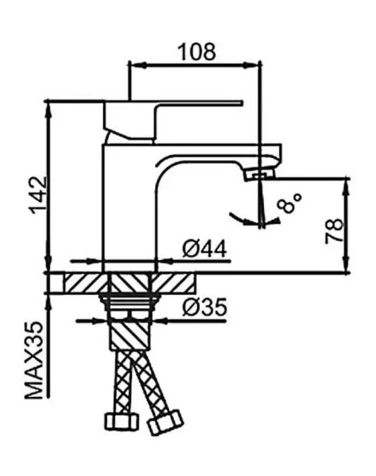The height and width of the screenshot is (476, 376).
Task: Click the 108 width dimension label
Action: (x=197, y=52)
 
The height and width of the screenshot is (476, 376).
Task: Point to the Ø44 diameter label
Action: (x=204, y=249)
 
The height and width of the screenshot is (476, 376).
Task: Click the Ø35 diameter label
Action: (x=204, y=307)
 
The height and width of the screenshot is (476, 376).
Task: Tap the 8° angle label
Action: (x=290, y=203)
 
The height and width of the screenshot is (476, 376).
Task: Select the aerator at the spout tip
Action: (x=259, y=175)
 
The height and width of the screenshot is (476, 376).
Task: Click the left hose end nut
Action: (x=121, y=421)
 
